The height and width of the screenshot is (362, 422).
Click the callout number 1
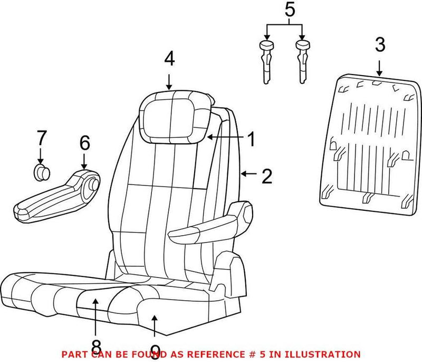251,140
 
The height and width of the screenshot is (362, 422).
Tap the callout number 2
267,176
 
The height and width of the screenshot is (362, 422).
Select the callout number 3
380,45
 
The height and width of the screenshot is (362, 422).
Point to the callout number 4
169,58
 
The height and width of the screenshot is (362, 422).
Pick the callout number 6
84,143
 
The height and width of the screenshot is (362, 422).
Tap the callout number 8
95,346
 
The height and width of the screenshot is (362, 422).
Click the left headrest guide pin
267,61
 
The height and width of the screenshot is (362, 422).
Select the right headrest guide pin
303,61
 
